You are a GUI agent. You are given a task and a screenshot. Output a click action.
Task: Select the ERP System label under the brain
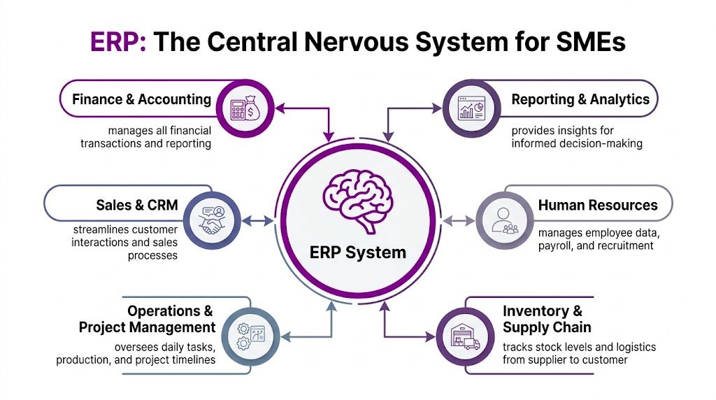(x=357, y=252)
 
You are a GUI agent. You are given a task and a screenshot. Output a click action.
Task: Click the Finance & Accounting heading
(x=141, y=99)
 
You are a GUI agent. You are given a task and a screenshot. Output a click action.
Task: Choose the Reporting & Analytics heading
(x=580, y=99)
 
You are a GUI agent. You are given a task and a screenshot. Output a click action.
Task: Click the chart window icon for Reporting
(x=470, y=108)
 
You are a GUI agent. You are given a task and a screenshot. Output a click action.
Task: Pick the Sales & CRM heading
(x=137, y=205)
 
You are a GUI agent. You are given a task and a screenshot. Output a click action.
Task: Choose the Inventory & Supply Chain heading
(x=547, y=319)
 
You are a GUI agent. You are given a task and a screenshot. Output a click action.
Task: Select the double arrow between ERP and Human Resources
(x=458, y=220)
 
